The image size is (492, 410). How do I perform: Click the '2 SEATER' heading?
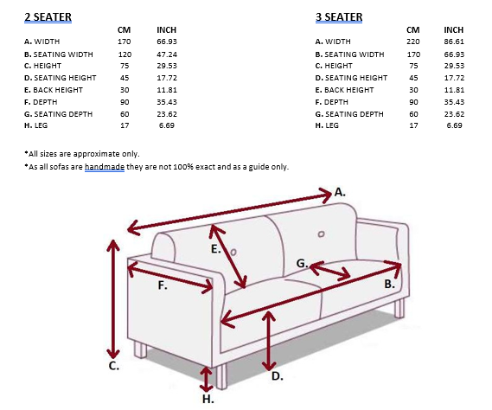[48, 16]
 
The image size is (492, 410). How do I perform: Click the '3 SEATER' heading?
[338, 16]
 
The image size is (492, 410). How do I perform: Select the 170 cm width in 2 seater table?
[124, 42]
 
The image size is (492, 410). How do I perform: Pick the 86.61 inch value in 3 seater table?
[454, 42]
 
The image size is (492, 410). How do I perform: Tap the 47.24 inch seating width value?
[167, 54]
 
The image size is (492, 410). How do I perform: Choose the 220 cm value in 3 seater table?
[413, 42]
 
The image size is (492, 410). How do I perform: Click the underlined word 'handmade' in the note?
[105, 167]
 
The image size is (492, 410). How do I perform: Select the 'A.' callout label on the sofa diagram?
[340, 190]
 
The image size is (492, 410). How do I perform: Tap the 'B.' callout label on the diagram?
[390, 283]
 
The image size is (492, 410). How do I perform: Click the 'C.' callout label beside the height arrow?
[113, 366]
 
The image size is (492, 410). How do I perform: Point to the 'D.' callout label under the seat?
[278, 376]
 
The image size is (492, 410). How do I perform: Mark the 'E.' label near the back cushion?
[216, 249]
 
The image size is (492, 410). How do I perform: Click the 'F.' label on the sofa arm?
[163, 287]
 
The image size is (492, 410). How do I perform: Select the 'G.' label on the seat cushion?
[302, 263]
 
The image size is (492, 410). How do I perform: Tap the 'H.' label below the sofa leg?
[208, 400]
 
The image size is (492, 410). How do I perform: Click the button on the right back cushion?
[321, 234]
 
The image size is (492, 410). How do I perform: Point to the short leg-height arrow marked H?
[206, 378]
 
